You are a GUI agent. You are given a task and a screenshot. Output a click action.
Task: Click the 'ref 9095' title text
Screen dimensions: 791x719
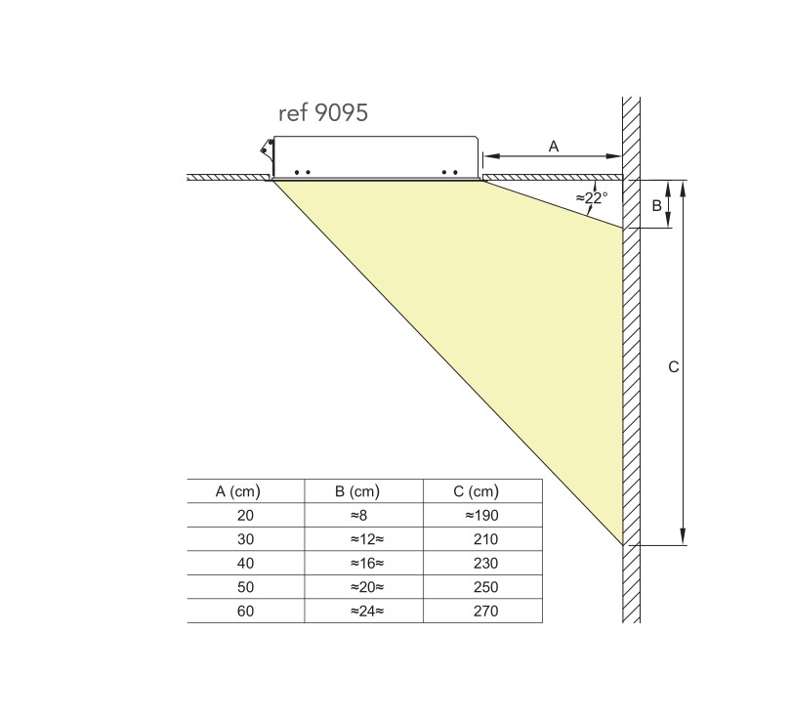coord(323,113)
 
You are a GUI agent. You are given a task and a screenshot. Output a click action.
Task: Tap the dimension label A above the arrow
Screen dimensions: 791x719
coord(554,147)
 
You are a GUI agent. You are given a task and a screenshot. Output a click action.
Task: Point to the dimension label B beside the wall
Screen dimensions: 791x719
coord(656,205)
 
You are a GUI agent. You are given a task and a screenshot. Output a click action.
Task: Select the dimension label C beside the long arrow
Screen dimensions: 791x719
coord(674,366)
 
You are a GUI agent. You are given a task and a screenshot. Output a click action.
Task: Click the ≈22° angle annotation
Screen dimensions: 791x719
coord(592,197)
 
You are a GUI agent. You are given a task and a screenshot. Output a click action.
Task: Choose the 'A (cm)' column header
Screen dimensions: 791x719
coord(237,491)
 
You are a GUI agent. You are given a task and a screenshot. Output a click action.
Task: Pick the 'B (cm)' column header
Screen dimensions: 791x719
coord(357,491)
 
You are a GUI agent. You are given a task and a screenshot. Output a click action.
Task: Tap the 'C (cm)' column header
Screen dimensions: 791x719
coord(477,491)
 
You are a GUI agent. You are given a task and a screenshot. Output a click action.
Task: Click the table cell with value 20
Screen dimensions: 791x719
coord(245,515)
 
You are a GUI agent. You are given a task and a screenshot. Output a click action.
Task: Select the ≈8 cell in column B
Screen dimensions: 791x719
coord(359,515)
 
